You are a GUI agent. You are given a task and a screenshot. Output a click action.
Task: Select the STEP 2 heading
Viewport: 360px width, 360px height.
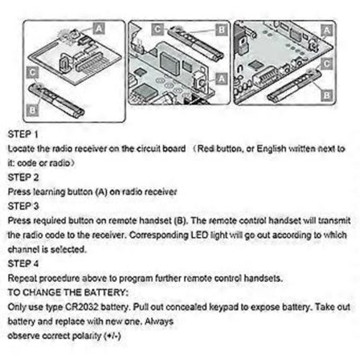19,177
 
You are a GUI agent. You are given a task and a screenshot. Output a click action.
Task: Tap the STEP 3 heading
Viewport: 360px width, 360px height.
19,206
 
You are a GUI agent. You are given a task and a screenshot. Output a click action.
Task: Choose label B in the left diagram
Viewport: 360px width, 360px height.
31,106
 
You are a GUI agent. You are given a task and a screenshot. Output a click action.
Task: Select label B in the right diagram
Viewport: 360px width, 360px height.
325,93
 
